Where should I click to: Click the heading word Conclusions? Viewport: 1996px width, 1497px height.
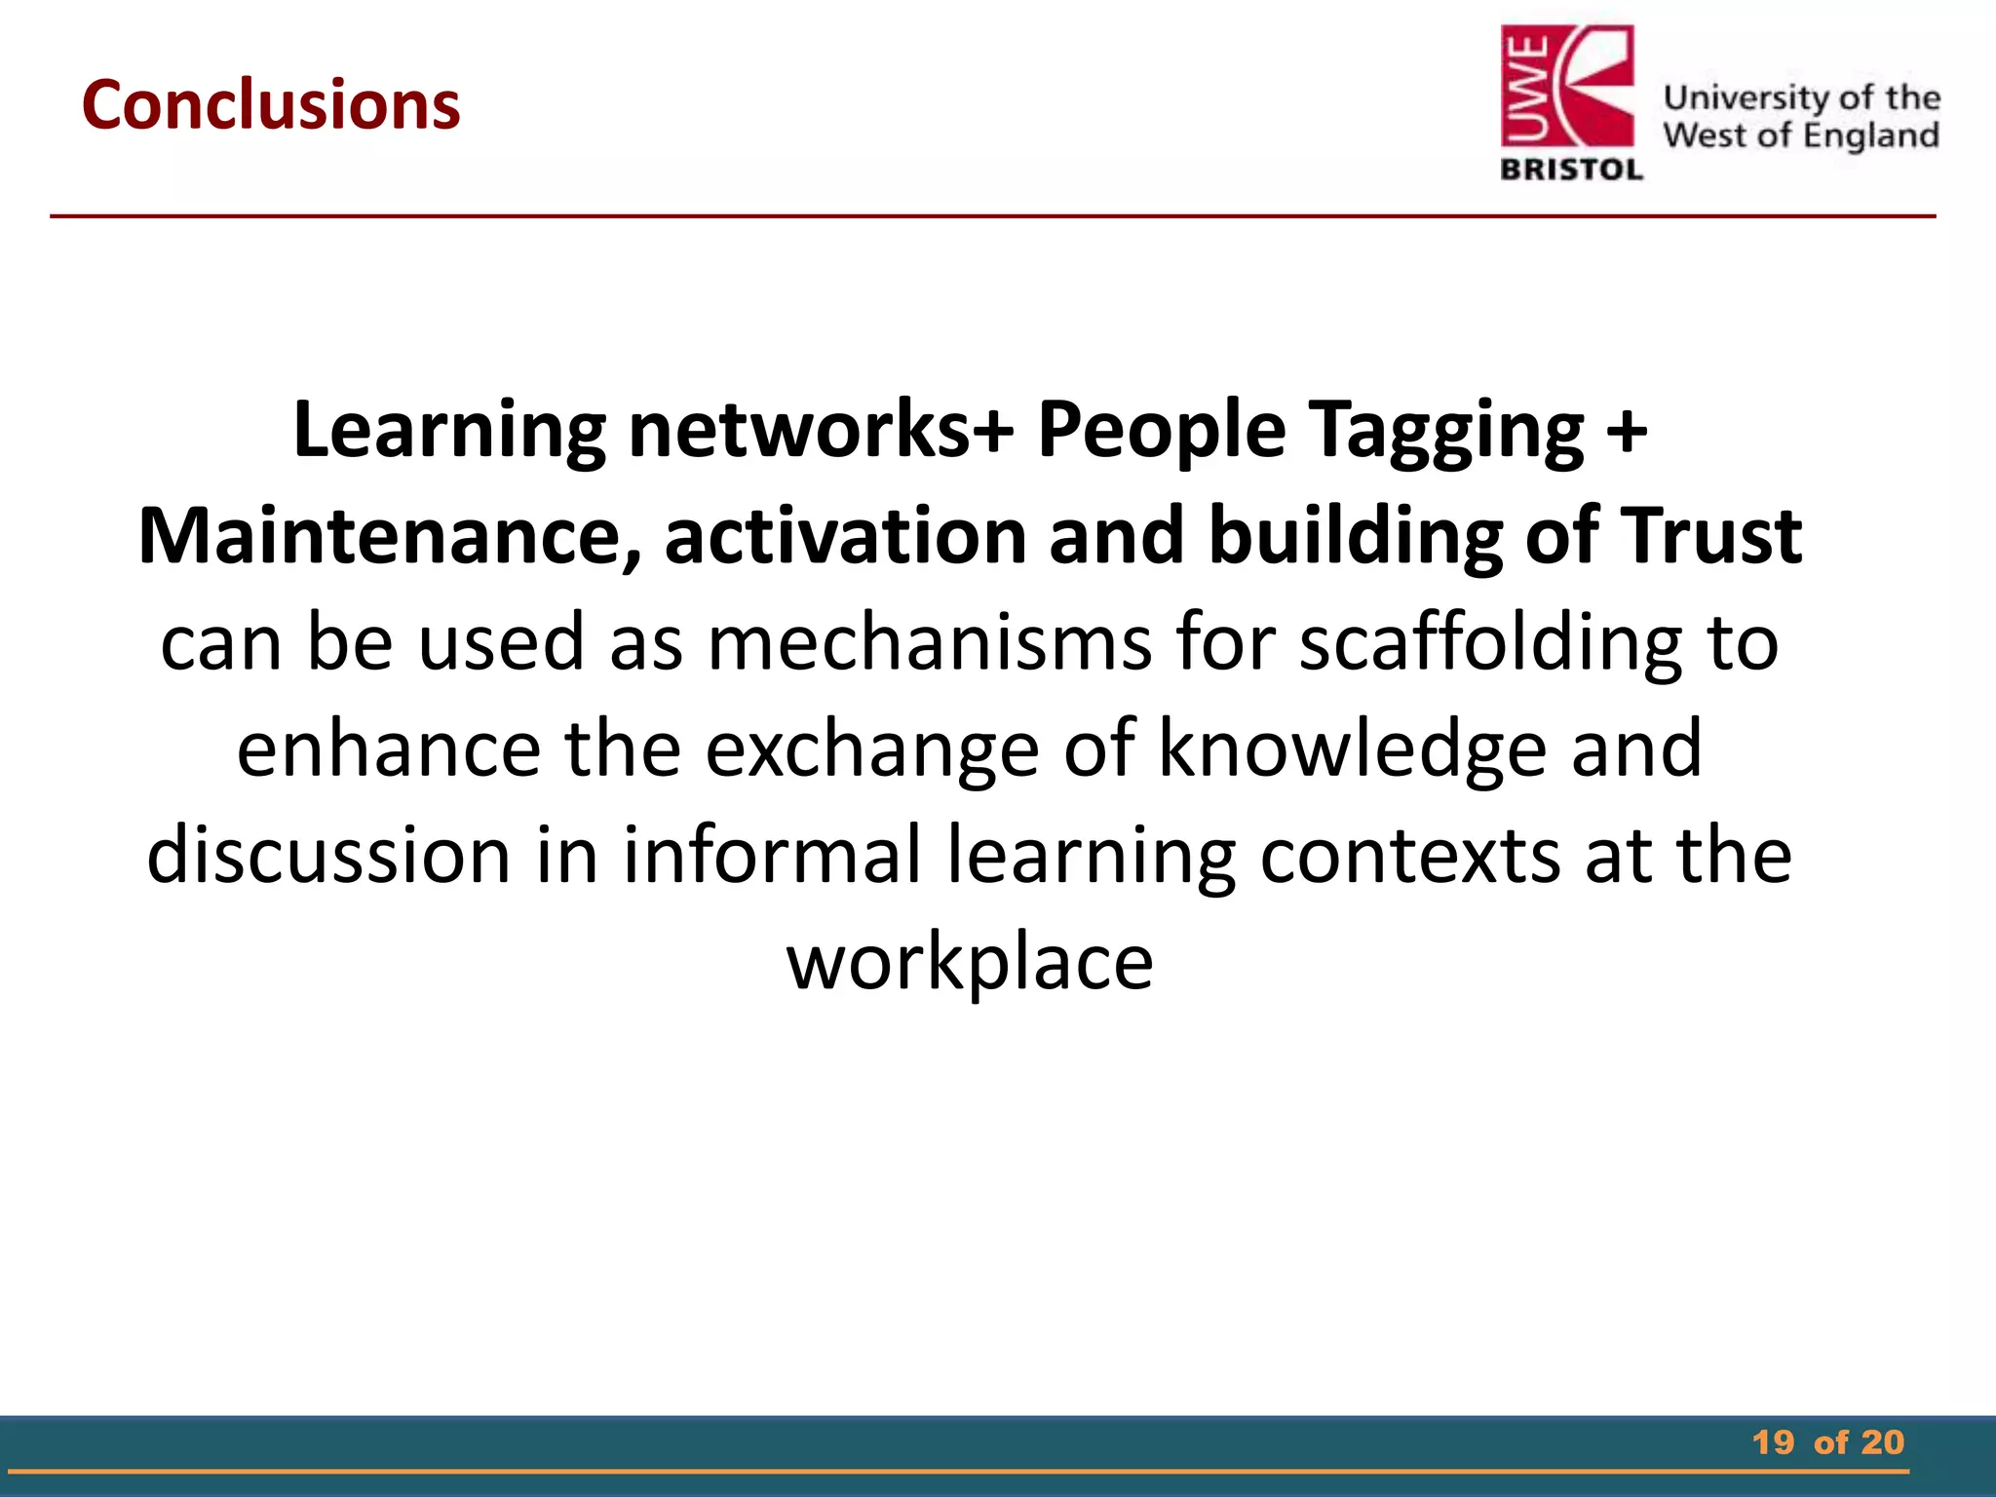coord(271,104)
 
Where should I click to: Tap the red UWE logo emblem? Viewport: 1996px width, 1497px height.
coord(1567,89)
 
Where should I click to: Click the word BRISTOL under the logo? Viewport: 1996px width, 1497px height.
coord(1571,170)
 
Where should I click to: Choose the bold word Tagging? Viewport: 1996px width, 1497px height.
coord(1446,431)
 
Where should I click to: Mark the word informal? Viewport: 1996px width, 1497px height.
coord(772,855)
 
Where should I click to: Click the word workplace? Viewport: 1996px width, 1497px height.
coord(970,963)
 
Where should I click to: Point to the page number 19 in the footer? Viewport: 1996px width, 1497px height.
coord(1773,1442)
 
